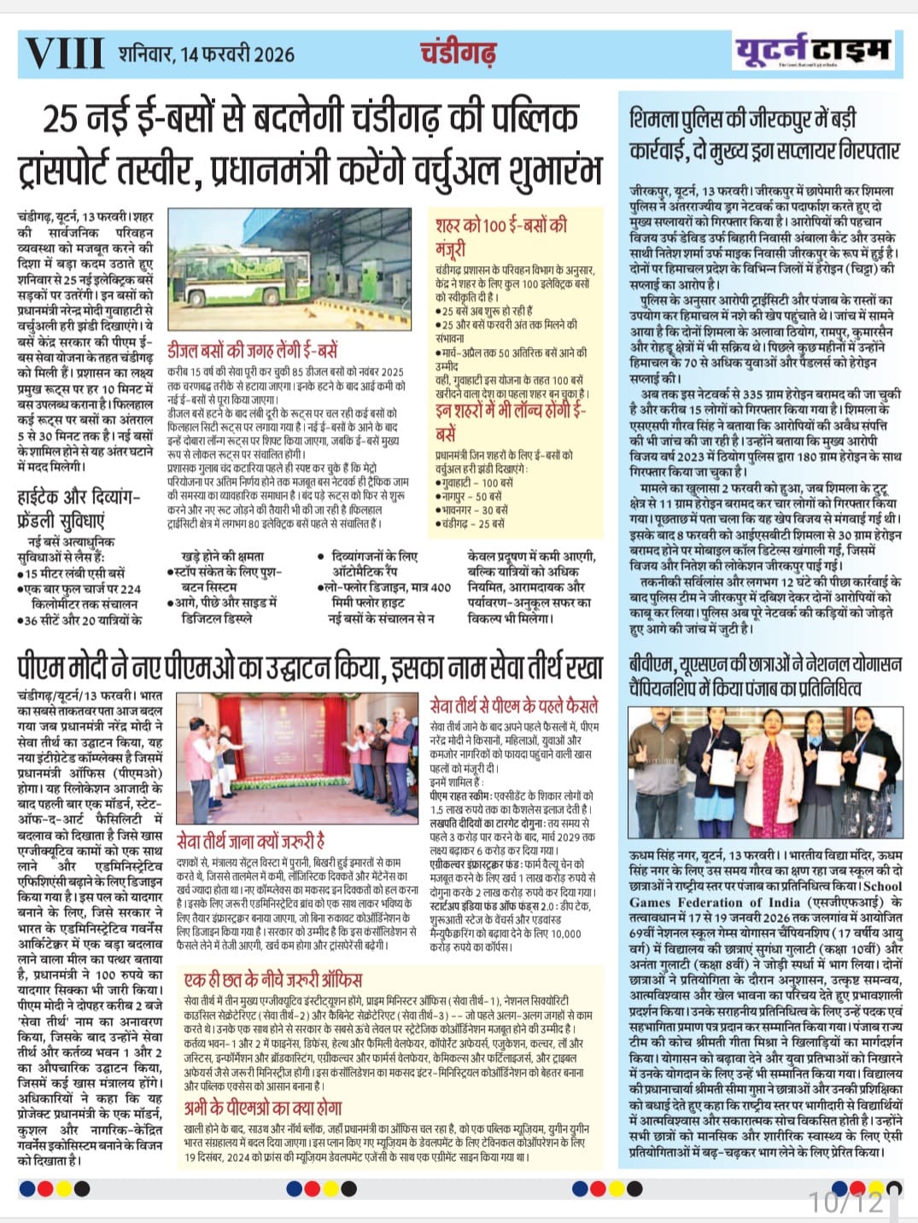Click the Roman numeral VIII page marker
coord(65,53)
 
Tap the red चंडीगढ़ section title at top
coord(458,53)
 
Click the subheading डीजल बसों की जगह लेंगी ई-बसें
coord(252,351)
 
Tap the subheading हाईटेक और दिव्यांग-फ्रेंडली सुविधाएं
coord(78,509)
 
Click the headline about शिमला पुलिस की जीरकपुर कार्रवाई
coord(764,135)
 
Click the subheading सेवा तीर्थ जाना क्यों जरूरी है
coord(250,840)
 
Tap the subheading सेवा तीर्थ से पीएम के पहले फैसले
coord(514,706)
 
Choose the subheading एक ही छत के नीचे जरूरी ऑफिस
coord(273,978)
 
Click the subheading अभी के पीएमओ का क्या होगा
coord(263,1109)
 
